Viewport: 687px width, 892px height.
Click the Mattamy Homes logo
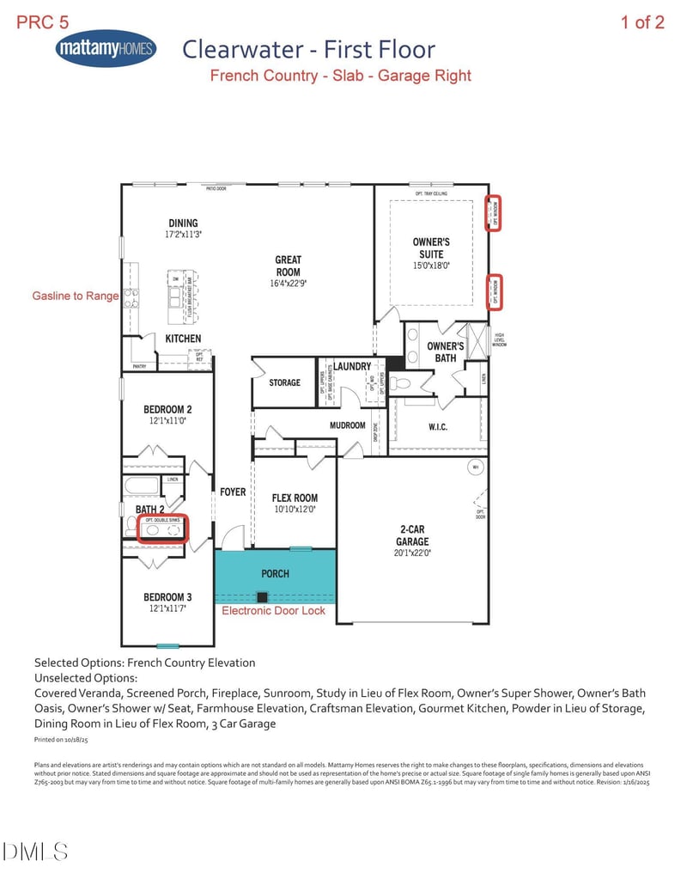pyautogui.click(x=106, y=49)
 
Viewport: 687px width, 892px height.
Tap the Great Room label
pyautogui.click(x=288, y=266)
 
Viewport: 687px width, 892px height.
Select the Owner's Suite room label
pyautogui.click(x=431, y=248)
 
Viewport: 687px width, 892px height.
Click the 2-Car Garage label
pyautogui.click(x=412, y=535)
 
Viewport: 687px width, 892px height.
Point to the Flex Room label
pyautogui.click(x=295, y=498)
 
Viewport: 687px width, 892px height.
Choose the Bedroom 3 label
pyautogui.click(x=167, y=597)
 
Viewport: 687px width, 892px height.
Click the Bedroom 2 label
pyautogui.click(x=167, y=409)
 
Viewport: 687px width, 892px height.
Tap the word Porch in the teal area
pyautogui.click(x=275, y=573)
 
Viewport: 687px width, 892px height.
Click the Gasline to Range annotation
pyautogui.click(x=76, y=296)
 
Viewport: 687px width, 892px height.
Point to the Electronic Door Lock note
pyautogui.click(x=274, y=610)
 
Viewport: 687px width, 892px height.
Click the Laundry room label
pyautogui.click(x=352, y=367)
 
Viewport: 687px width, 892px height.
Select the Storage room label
pyautogui.click(x=284, y=382)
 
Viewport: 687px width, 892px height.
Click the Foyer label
pyautogui.click(x=233, y=492)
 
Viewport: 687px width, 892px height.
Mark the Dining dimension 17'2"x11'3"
pyautogui.click(x=183, y=234)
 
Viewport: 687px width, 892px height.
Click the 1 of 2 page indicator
pyautogui.click(x=642, y=22)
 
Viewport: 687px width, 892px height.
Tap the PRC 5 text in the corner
pyautogui.click(x=43, y=22)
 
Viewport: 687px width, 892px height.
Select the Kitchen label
pyautogui.click(x=183, y=339)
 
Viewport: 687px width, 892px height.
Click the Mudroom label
pyautogui.click(x=348, y=425)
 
